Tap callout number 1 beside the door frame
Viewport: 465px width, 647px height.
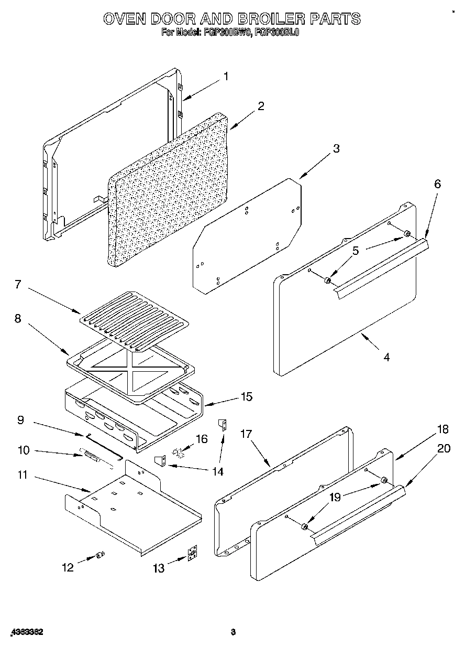point(226,77)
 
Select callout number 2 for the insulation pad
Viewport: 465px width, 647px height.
point(260,106)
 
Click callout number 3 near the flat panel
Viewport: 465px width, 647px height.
point(336,148)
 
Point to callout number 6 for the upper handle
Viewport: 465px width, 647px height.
point(437,184)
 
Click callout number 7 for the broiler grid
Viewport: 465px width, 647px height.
point(17,285)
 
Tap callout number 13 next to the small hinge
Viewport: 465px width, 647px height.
point(158,568)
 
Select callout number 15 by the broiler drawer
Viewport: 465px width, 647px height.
point(247,397)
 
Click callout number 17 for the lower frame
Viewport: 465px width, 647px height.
point(247,434)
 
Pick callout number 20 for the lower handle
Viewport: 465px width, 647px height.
point(444,449)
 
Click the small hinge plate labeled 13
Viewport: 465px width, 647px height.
point(193,555)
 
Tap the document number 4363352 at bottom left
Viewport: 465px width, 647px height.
point(26,632)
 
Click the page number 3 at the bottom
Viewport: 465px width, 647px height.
point(233,632)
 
